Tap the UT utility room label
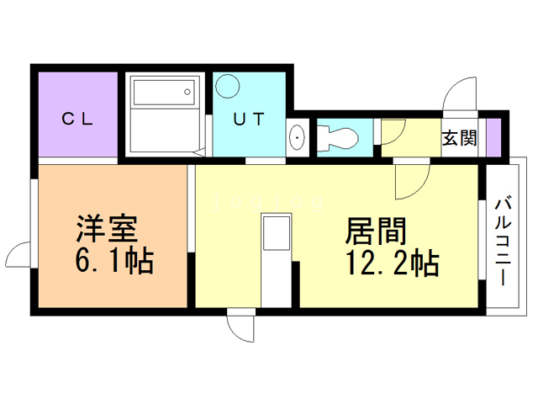coord(249,119)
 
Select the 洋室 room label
coord(106,229)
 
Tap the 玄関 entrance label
coord(460,137)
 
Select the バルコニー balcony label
coord(504,239)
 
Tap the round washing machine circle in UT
coord(227,87)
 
